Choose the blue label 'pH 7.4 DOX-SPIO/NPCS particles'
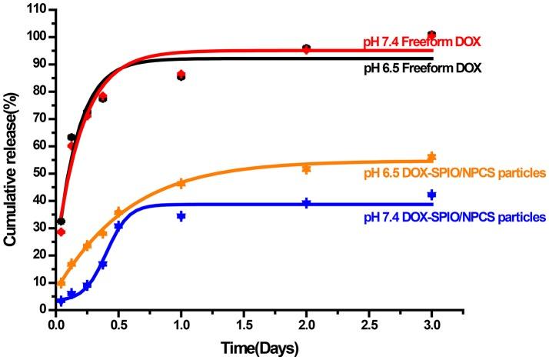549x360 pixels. click(x=454, y=218)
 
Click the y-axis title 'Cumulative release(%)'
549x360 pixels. click(x=10, y=166)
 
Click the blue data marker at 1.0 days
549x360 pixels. click(x=181, y=216)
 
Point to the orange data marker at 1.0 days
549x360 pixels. click(x=181, y=183)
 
